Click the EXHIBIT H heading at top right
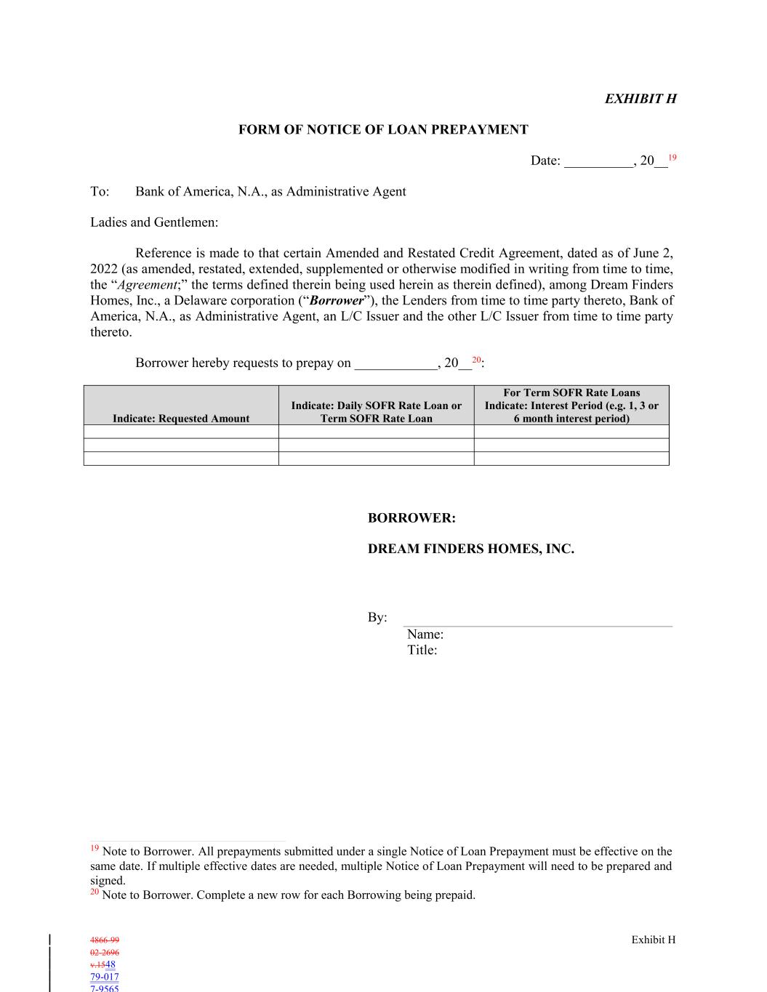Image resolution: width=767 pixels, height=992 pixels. coord(640,99)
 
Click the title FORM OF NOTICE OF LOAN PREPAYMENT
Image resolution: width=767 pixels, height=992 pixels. coord(383,130)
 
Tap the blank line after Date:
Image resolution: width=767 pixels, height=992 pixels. coord(598,161)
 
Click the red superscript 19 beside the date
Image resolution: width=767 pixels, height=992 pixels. coord(672,158)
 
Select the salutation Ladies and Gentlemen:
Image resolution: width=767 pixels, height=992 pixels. coord(154,222)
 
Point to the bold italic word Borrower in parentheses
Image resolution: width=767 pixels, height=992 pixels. coord(337,300)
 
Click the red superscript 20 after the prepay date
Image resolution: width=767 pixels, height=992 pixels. coord(476,360)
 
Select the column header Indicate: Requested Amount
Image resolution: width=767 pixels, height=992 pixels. coord(181,419)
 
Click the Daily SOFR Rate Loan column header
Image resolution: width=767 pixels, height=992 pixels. coord(376,411)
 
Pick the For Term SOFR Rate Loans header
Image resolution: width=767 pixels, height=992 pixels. coord(571,393)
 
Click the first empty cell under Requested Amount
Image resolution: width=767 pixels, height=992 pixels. coord(181,432)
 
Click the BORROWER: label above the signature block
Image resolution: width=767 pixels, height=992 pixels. coord(411,518)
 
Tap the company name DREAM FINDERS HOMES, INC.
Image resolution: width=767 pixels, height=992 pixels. coord(470,549)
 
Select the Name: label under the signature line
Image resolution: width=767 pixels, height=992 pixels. coord(425,634)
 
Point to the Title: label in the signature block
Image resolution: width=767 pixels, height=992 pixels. coord(422,650)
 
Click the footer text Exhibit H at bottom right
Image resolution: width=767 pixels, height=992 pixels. coord(653,940)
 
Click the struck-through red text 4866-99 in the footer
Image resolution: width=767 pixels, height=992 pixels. coord(105,940)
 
